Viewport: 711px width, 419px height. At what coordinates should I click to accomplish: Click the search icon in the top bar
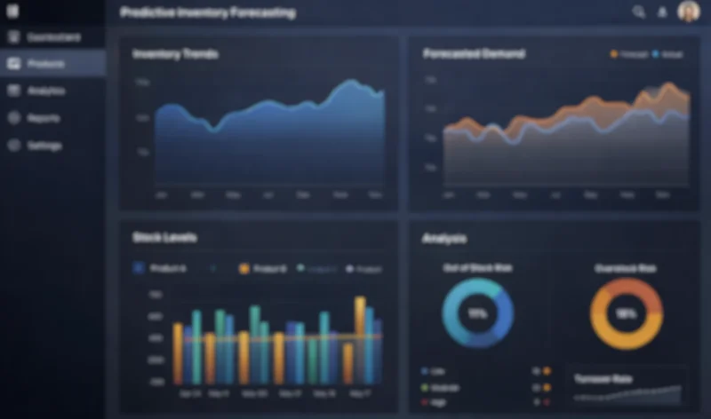638,12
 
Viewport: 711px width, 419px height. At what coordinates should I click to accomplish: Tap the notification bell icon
662,12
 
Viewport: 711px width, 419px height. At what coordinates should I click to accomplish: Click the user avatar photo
689,12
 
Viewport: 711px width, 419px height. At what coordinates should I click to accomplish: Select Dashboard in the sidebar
52,37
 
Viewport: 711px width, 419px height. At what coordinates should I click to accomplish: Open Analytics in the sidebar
45,91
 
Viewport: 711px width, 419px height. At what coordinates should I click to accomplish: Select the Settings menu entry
44,146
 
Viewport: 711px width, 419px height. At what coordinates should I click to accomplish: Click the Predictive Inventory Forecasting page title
208,13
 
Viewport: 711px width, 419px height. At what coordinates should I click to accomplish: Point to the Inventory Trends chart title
175,54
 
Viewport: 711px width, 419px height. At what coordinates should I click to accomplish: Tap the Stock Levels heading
164,238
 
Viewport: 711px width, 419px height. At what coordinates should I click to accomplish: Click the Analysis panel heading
444,239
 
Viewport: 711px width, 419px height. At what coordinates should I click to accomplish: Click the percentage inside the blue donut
477,313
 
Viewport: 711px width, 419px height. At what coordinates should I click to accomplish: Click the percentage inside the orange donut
626,313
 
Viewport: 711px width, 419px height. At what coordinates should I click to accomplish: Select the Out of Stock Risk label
477,267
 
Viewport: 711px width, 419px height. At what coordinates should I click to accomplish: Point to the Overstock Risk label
626,267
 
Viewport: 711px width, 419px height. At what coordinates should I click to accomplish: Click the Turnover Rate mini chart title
603,379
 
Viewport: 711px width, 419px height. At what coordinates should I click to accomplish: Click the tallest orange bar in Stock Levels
360,339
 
